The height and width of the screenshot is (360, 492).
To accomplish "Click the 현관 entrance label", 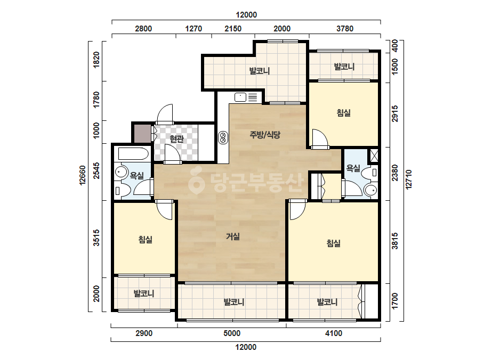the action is coord(176,138).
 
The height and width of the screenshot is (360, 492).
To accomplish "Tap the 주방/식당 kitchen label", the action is coord(265,135).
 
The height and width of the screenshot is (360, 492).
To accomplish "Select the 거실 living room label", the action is coord(233,236).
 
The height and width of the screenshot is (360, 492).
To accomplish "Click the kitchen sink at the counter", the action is coord(240,97).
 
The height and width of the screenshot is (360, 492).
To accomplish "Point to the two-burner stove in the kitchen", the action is coord(223,138).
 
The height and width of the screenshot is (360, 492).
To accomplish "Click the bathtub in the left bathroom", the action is coord(133,154).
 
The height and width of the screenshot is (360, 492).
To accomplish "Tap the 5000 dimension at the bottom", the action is coord(232,333).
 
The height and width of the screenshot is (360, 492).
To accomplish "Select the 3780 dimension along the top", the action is coord(345,29).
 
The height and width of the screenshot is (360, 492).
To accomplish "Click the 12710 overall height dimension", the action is coord(408,179).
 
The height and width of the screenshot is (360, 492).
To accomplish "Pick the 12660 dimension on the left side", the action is coord(83,176).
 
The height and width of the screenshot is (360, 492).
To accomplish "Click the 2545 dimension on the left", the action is coord(96,170).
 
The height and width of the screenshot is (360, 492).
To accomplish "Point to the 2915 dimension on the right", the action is coord(395,113).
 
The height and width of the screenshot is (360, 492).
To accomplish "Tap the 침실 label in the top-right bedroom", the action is coord(344,113).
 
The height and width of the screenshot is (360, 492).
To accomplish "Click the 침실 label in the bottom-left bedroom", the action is coord(146,240).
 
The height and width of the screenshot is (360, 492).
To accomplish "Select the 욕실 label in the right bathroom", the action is coord(353,168).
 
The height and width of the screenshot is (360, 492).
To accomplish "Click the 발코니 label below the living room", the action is coord(234,302).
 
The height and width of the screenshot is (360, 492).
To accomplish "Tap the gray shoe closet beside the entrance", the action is coord(143,134).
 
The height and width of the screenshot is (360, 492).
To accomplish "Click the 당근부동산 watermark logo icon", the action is coord(196,181).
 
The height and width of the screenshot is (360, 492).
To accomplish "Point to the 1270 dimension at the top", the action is coord(193,29).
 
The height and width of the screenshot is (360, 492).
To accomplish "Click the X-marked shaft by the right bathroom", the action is coord(374,156).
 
